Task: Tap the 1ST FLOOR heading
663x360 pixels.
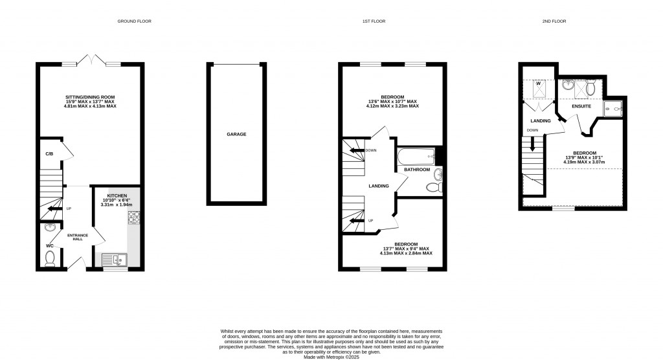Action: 374,21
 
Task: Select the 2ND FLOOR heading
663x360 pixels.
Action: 554,21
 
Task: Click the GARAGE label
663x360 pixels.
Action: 236,134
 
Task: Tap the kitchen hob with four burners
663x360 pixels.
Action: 134,218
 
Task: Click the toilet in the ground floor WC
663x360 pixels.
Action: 49,258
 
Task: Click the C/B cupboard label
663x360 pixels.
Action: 49,153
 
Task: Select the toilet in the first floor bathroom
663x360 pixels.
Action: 434,187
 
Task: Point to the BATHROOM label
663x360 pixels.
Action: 417,170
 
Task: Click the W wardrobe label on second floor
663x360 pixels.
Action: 537,83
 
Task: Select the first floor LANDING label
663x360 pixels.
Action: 379,186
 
